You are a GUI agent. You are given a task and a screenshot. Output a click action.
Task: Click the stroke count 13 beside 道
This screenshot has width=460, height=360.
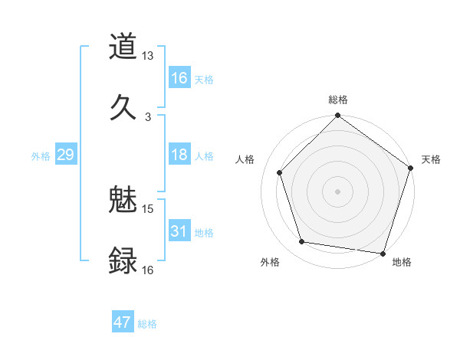(148, 57)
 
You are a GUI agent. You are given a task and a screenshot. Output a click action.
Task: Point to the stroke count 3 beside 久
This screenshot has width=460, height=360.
(148, 116)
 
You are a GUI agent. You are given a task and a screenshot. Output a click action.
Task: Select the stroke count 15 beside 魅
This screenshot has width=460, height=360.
(148, 208)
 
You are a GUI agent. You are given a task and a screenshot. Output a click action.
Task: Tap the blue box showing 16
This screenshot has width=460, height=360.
(179, 77)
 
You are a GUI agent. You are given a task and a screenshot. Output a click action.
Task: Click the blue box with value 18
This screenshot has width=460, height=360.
(179, 155)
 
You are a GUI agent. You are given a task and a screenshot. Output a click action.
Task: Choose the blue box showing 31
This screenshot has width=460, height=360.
(179, 231)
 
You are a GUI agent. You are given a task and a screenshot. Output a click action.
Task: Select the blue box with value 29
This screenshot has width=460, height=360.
(65, 155)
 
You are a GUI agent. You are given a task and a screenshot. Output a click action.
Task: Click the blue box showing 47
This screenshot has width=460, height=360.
(123, 322)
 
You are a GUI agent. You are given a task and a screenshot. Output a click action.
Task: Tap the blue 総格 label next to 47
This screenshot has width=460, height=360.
(147, 324)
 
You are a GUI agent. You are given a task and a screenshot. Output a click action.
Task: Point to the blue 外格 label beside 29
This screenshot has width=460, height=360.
(41, 156)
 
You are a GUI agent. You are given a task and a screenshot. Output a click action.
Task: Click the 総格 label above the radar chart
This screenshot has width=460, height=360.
(338, 100)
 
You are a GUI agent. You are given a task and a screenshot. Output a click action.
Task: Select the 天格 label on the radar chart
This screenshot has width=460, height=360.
(432, 159)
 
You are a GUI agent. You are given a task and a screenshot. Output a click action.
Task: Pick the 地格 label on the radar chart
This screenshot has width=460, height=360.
(402, 263)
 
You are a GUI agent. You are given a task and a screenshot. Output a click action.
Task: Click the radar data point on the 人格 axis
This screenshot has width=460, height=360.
(280, 172)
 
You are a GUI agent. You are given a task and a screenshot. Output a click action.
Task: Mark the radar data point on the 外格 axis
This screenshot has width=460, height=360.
(302, 242)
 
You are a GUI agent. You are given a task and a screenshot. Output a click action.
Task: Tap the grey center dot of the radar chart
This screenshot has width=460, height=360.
(338, 191)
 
